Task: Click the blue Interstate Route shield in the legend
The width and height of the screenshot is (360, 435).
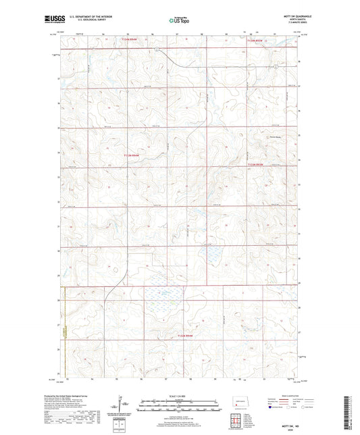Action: point(272,408)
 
